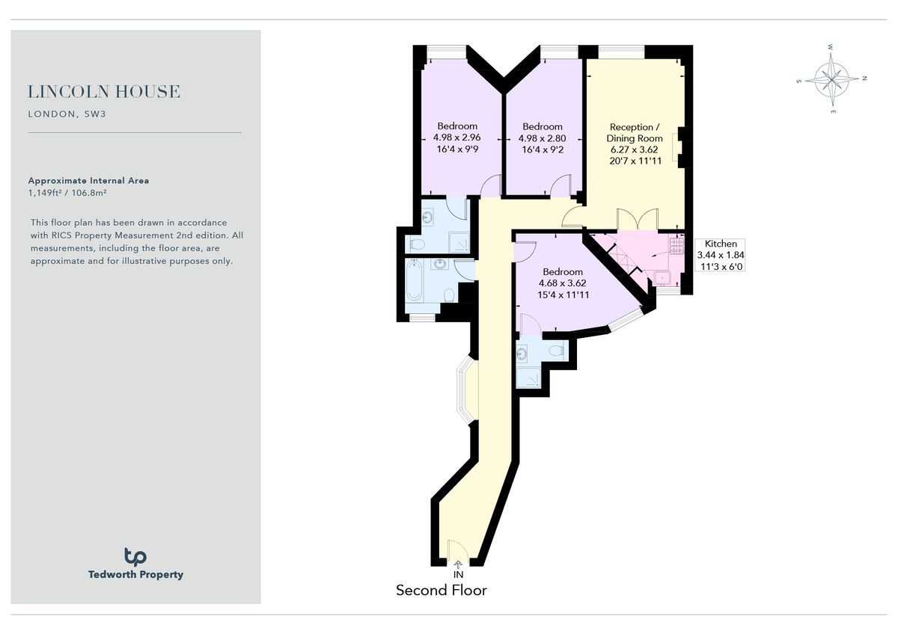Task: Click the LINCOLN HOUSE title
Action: [104, 92]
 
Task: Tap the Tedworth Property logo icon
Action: [135, 556]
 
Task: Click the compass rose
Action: [831, 78]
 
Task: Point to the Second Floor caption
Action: [441, 591]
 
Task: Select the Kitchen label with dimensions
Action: [721, 255]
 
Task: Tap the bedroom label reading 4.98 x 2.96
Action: [456, 138]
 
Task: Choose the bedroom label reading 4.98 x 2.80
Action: [542, 138]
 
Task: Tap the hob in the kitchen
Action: [676, 244]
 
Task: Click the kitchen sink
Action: [663, 278]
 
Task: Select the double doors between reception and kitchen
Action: [637, 220]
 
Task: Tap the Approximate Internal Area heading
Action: [88, 181]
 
